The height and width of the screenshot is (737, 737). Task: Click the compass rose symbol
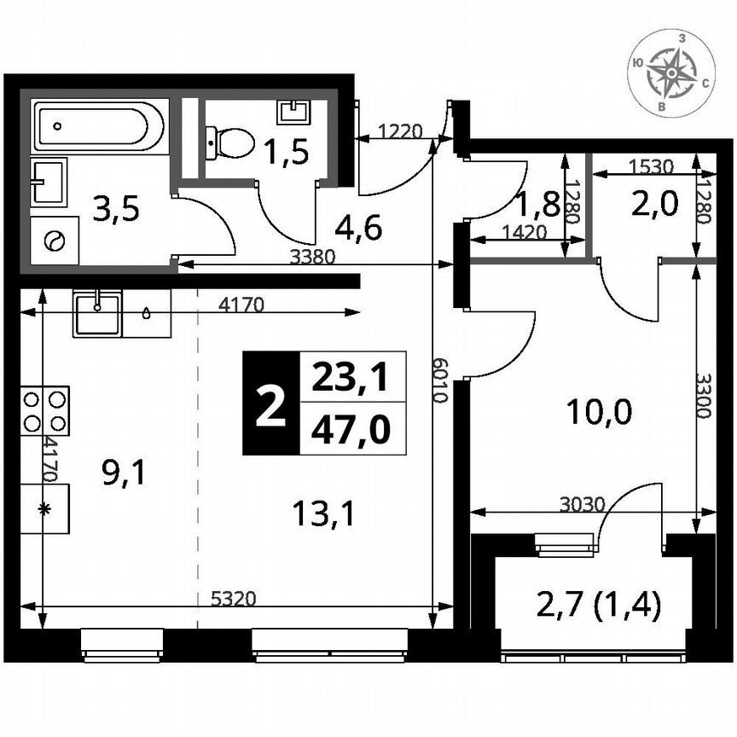coord(671,73)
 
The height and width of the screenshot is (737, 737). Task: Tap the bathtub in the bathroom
coord(98,125)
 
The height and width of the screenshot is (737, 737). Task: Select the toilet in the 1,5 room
coord(229,142)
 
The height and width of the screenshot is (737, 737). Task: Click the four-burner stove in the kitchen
coord(45,410)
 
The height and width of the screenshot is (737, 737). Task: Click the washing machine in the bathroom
coord(55,241)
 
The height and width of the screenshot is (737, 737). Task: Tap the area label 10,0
coord(599,414)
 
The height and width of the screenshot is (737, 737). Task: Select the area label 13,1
coord(322,514)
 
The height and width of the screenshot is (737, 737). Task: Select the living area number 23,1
coord(351,376)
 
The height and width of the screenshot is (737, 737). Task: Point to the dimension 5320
coord(234,599)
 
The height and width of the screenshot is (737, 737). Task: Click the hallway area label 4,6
coord(357,228)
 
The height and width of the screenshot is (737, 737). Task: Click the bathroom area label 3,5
coord(115,208)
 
